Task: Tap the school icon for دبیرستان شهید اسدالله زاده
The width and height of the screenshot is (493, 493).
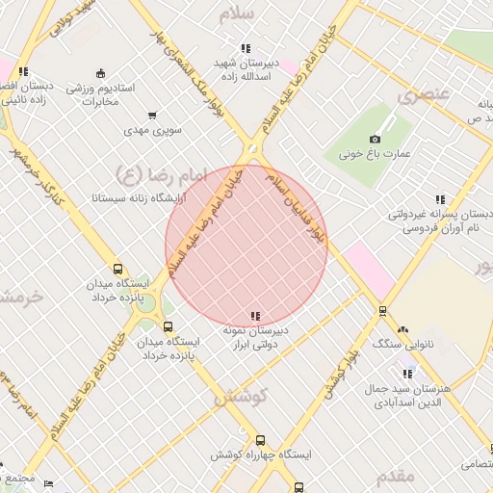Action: tap(246, 48)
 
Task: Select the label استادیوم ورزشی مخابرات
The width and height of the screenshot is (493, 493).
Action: tap(101, 94)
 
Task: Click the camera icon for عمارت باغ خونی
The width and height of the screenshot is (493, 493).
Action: tap(375, 139)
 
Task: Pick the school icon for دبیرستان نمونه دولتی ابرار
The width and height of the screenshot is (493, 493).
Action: tap(254, 315)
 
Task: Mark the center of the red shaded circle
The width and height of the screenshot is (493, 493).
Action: tap(246, 246)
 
